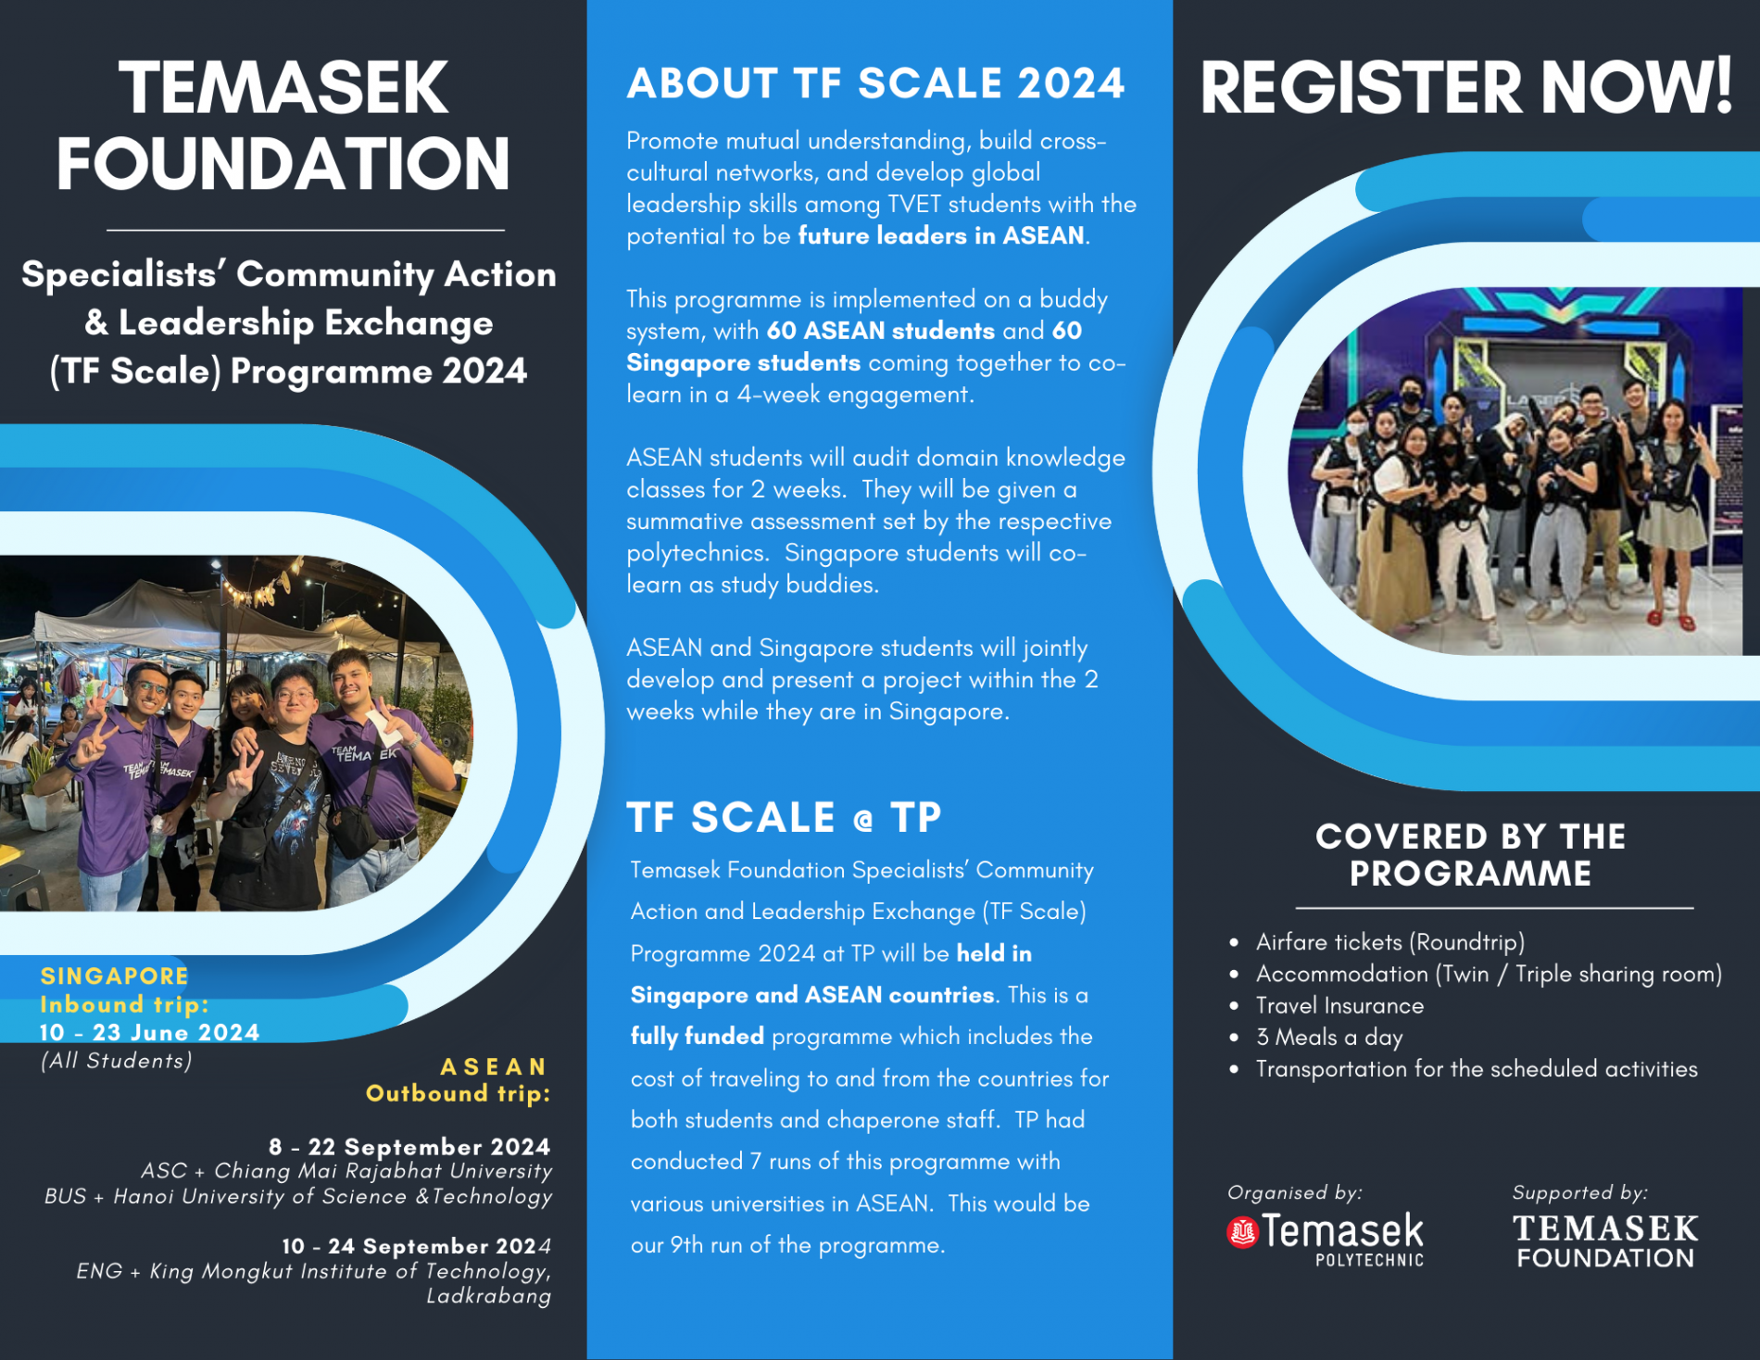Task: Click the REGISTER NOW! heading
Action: [x=1466, y=87]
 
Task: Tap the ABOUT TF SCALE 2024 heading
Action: [x=875, y=83]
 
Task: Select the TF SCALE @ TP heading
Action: [x=784, y=817]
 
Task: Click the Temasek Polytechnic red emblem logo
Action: [x=1242, y=1232]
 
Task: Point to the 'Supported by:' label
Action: [x=1579, y=1192]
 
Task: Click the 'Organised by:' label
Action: [x=1294, y=1192]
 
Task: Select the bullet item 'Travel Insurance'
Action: [x=1339, y=1005]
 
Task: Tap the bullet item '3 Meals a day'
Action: [x=1329, y=1037]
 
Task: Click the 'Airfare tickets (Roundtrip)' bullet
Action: [x=1389, y=942]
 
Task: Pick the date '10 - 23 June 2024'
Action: [x=149, y=1032]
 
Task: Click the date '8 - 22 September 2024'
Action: [x=409, y=1147]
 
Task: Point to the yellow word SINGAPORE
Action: [x=114, y=976]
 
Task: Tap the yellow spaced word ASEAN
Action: [x=494, y=1067]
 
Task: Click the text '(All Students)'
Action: [x=116, y=1061]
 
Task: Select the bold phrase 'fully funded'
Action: [x=697, y=1037]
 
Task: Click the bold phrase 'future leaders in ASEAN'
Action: [x=941, y=235]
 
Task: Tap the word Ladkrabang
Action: [x=488, y=1296]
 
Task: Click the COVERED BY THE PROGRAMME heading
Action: [x=1470, y=855]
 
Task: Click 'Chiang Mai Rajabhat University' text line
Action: [x=383, y=1171]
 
